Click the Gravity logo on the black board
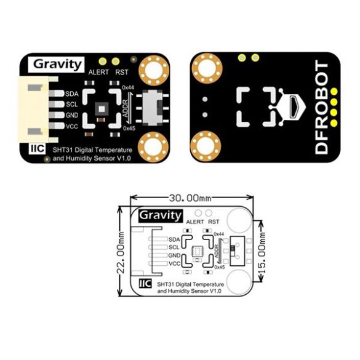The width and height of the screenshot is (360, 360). click(x=56, y=64)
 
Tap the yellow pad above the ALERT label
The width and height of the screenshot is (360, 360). click(x=102, y=62)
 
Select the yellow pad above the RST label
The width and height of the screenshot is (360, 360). click(x=116, y=62)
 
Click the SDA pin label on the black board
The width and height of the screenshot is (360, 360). click(x=72, y=94)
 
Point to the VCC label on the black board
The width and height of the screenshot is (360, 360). click(x=72, y=126)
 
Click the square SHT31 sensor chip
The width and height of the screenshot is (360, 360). click(x=102, y=109)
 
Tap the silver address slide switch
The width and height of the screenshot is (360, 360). click(x=152, y=108)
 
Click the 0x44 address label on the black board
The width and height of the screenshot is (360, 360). click(x=128, y=87)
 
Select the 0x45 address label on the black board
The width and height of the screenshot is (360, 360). click(x=129, y=129)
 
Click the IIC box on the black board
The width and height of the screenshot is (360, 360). click(x=37, y=148)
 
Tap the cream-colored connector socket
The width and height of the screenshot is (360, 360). click(x=34, y=110)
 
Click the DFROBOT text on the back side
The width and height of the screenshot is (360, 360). click(x=321, y=107)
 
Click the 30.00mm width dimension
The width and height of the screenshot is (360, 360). click(x=190, y=198)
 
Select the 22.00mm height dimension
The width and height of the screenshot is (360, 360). click(x=121, y=252)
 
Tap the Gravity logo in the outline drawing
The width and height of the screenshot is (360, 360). click(x=161, y=216)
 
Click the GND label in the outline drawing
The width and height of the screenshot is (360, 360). click(x=174, y=255)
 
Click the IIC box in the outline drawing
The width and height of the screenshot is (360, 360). click(x=145, y=283)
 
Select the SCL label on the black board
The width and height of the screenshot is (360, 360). click(x=72, y=105)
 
